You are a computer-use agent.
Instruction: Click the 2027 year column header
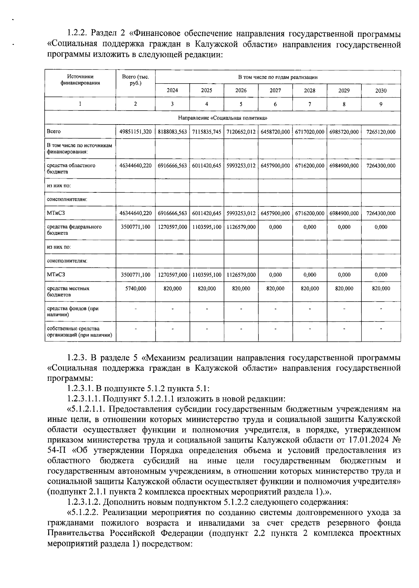[x=275, y=90]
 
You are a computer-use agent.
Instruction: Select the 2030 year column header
[x=381, y=90]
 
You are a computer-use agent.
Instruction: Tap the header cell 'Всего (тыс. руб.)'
[x=135, y=80]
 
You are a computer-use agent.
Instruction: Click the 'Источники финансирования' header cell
[x=80, y=80]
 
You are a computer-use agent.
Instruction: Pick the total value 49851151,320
[x=135, y=132]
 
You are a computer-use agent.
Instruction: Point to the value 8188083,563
[x=172, y=132]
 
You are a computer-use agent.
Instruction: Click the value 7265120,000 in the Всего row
[x=381, y=132]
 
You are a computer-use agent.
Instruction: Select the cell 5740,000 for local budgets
[x=135, y=289]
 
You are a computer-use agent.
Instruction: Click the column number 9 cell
[x=381, y=104]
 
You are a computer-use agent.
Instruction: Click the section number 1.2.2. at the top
[x=78, y=34]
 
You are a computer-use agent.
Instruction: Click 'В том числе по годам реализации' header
[x=278, y=77]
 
